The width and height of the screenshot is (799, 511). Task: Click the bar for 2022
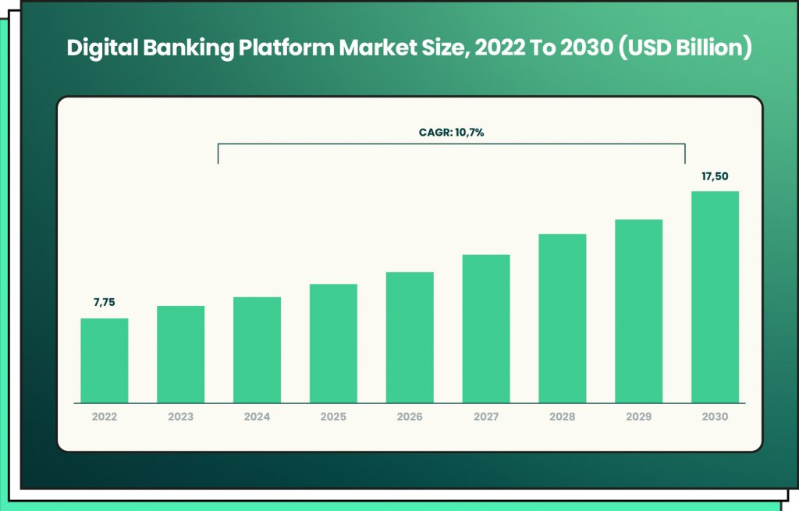coord(105,360)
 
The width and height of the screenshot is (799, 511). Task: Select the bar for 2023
coord(180,354)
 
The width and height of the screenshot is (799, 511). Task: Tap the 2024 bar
coord(257,350)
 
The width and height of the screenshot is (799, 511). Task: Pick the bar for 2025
coord(333,343)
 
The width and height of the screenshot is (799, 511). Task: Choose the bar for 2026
coord(410,337)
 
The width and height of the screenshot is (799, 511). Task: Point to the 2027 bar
coord(486,328)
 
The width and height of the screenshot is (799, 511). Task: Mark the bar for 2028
coord(562,318)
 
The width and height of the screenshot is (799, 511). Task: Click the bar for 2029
coord(638,311)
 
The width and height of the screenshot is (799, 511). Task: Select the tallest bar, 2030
coord(715,297)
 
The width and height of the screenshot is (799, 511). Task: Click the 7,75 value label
coord(104,302)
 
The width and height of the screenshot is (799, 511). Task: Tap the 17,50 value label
coord(715,176)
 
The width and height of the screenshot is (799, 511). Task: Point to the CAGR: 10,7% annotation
coord(451,133)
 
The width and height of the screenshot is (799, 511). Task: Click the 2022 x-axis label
coord(104,417)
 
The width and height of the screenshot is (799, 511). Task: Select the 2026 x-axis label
coord(410,417)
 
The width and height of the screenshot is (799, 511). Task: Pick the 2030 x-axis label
coord(715,417)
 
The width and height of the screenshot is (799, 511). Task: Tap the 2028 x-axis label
coord(562,417)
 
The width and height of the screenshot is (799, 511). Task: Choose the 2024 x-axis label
coord(257,417)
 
